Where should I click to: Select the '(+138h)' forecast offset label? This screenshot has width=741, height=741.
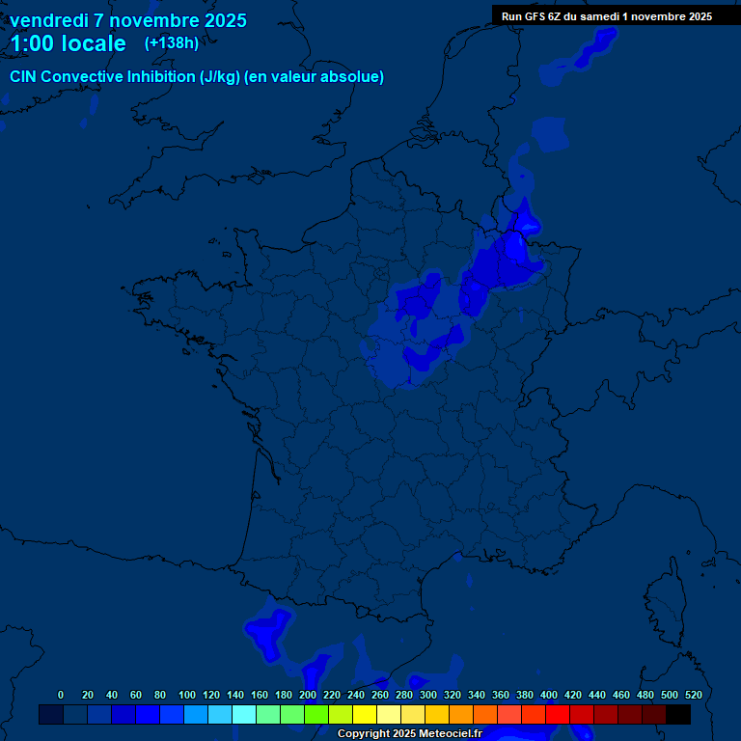coord(172,42)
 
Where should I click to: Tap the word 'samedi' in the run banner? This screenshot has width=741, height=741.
coord(612,16)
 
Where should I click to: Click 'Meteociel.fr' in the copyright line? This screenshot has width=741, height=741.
coord(450,734)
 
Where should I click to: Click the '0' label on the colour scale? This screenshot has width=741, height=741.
coord(61,695)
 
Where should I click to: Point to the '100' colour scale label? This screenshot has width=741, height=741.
coord(187,695)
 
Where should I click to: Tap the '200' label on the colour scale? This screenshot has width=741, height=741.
coord(308,695)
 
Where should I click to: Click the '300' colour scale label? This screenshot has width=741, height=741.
coord(428,695)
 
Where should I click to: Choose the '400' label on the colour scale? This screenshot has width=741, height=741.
coord(549,695)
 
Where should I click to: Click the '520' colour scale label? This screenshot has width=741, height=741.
coord(693,695)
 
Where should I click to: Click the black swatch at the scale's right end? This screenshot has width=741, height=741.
coord(678,715)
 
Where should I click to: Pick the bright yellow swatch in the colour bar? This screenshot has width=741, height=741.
coord(365,715)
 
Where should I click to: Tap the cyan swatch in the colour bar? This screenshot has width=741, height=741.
coord(244,715)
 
